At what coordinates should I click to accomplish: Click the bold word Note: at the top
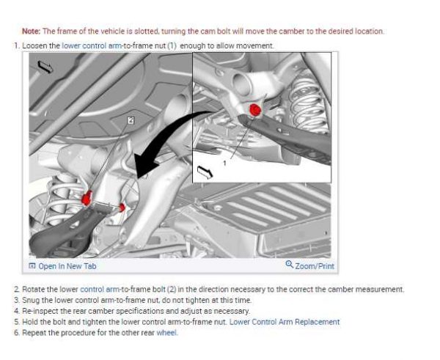32,31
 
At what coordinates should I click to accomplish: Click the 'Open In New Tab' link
67,266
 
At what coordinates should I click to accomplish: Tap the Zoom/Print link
315,266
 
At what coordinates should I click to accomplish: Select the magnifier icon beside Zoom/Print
290,265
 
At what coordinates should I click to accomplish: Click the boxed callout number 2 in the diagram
131,120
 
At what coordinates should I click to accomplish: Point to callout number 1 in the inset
224,163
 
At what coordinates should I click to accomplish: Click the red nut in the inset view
255,110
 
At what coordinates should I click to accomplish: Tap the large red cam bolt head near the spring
87,197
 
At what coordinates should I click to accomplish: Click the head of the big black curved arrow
144,166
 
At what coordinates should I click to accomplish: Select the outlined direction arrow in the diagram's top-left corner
45,67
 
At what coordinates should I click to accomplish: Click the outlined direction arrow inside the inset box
205,172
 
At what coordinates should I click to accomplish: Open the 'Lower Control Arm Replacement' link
285,322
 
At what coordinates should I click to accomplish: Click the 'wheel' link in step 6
166,333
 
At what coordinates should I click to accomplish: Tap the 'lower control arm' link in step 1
92,45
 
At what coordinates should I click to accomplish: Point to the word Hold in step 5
29,322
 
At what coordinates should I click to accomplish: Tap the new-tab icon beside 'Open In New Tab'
32,265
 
